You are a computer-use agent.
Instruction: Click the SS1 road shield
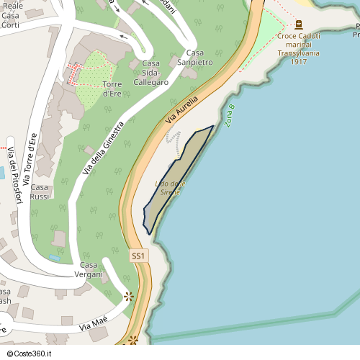coord(139,256)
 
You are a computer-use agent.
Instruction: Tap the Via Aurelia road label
coord(181,109)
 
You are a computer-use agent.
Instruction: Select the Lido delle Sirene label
coord(171,189)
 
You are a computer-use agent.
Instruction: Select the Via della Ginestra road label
coord(104,148)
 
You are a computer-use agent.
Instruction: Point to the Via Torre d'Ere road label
coord(30,163)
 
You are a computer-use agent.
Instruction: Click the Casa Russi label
coord(40,192)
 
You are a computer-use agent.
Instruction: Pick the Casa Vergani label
coord(91,270)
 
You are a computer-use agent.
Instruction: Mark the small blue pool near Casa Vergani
coord(55,258)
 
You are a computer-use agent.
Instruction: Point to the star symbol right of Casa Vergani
coord(129,295)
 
